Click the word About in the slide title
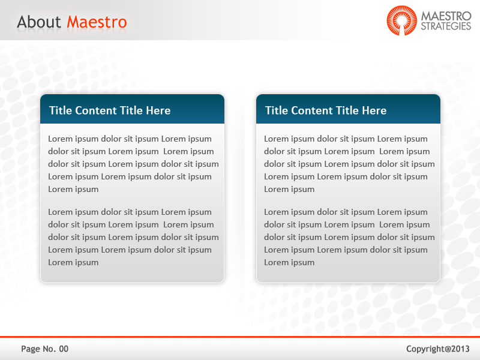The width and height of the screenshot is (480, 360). pos(39,22)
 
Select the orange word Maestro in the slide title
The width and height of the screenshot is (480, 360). pos(97,22)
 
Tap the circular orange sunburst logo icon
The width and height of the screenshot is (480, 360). pos(401,20)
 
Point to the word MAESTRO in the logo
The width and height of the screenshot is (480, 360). pos(446,16)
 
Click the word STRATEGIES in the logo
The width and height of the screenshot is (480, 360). pos(446,26)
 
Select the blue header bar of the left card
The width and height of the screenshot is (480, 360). pos(132,109)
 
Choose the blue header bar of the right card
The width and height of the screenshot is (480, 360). pos(348,109)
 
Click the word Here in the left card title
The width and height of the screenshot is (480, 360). pos(158,110)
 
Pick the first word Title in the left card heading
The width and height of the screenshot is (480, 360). pos(61,110)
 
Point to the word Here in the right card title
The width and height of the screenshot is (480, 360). pos(374,110)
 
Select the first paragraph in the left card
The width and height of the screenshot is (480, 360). pos(132,164)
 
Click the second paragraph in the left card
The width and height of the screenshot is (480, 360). pos(132,237)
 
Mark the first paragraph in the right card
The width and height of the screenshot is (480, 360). pos(348,164)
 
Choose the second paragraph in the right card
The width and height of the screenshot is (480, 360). pos(348,237)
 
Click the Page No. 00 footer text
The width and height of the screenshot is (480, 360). pos(45,349)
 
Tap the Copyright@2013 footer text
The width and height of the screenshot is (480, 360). pos(438,349)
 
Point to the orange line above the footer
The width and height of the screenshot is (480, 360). pos(240,337)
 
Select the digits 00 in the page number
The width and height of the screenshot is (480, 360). pos(64,349)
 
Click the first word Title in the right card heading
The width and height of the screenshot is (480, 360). pos(277,110)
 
